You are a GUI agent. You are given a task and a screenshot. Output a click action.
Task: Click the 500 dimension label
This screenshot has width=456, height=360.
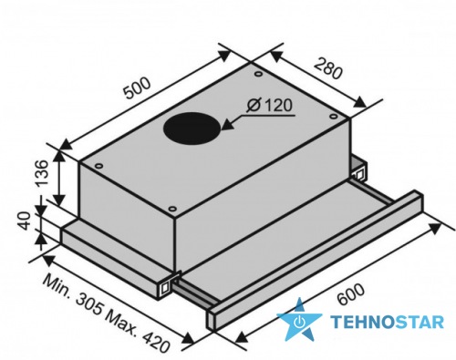(138, 88)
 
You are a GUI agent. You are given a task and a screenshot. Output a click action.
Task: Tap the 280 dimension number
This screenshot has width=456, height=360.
(327, 68)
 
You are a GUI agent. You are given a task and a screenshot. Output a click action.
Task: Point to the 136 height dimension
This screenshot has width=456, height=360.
(41, 172)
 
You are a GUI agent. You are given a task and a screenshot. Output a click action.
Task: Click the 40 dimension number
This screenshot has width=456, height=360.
(24, 221)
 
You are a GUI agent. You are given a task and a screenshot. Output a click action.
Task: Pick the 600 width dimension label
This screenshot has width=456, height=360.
(350, 294)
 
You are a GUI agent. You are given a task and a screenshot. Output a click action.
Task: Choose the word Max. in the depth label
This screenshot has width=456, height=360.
(120, 322)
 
